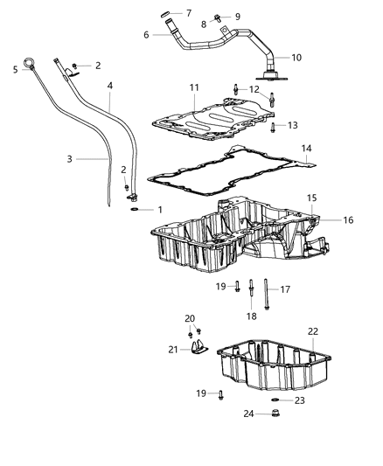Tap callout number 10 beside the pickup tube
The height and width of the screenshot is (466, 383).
pyautogui.click(x=296, y=57)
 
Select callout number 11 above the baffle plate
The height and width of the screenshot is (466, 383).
pyautogui.click(x=193, y=88)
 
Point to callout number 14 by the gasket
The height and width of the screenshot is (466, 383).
pyautogui.click(x=307, y=150)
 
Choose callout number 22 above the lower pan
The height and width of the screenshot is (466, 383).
pyautogui.click(x=313, y=330)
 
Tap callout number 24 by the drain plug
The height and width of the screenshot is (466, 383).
pyautogui.click(x=249, y=414)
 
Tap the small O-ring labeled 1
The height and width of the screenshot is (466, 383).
pyautogui.click(x=132, y=210)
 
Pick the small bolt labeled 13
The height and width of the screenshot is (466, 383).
pyautogui.click(x=273, y=128)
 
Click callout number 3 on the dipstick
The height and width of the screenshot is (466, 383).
pyautogui.click(x=69, y=160)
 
